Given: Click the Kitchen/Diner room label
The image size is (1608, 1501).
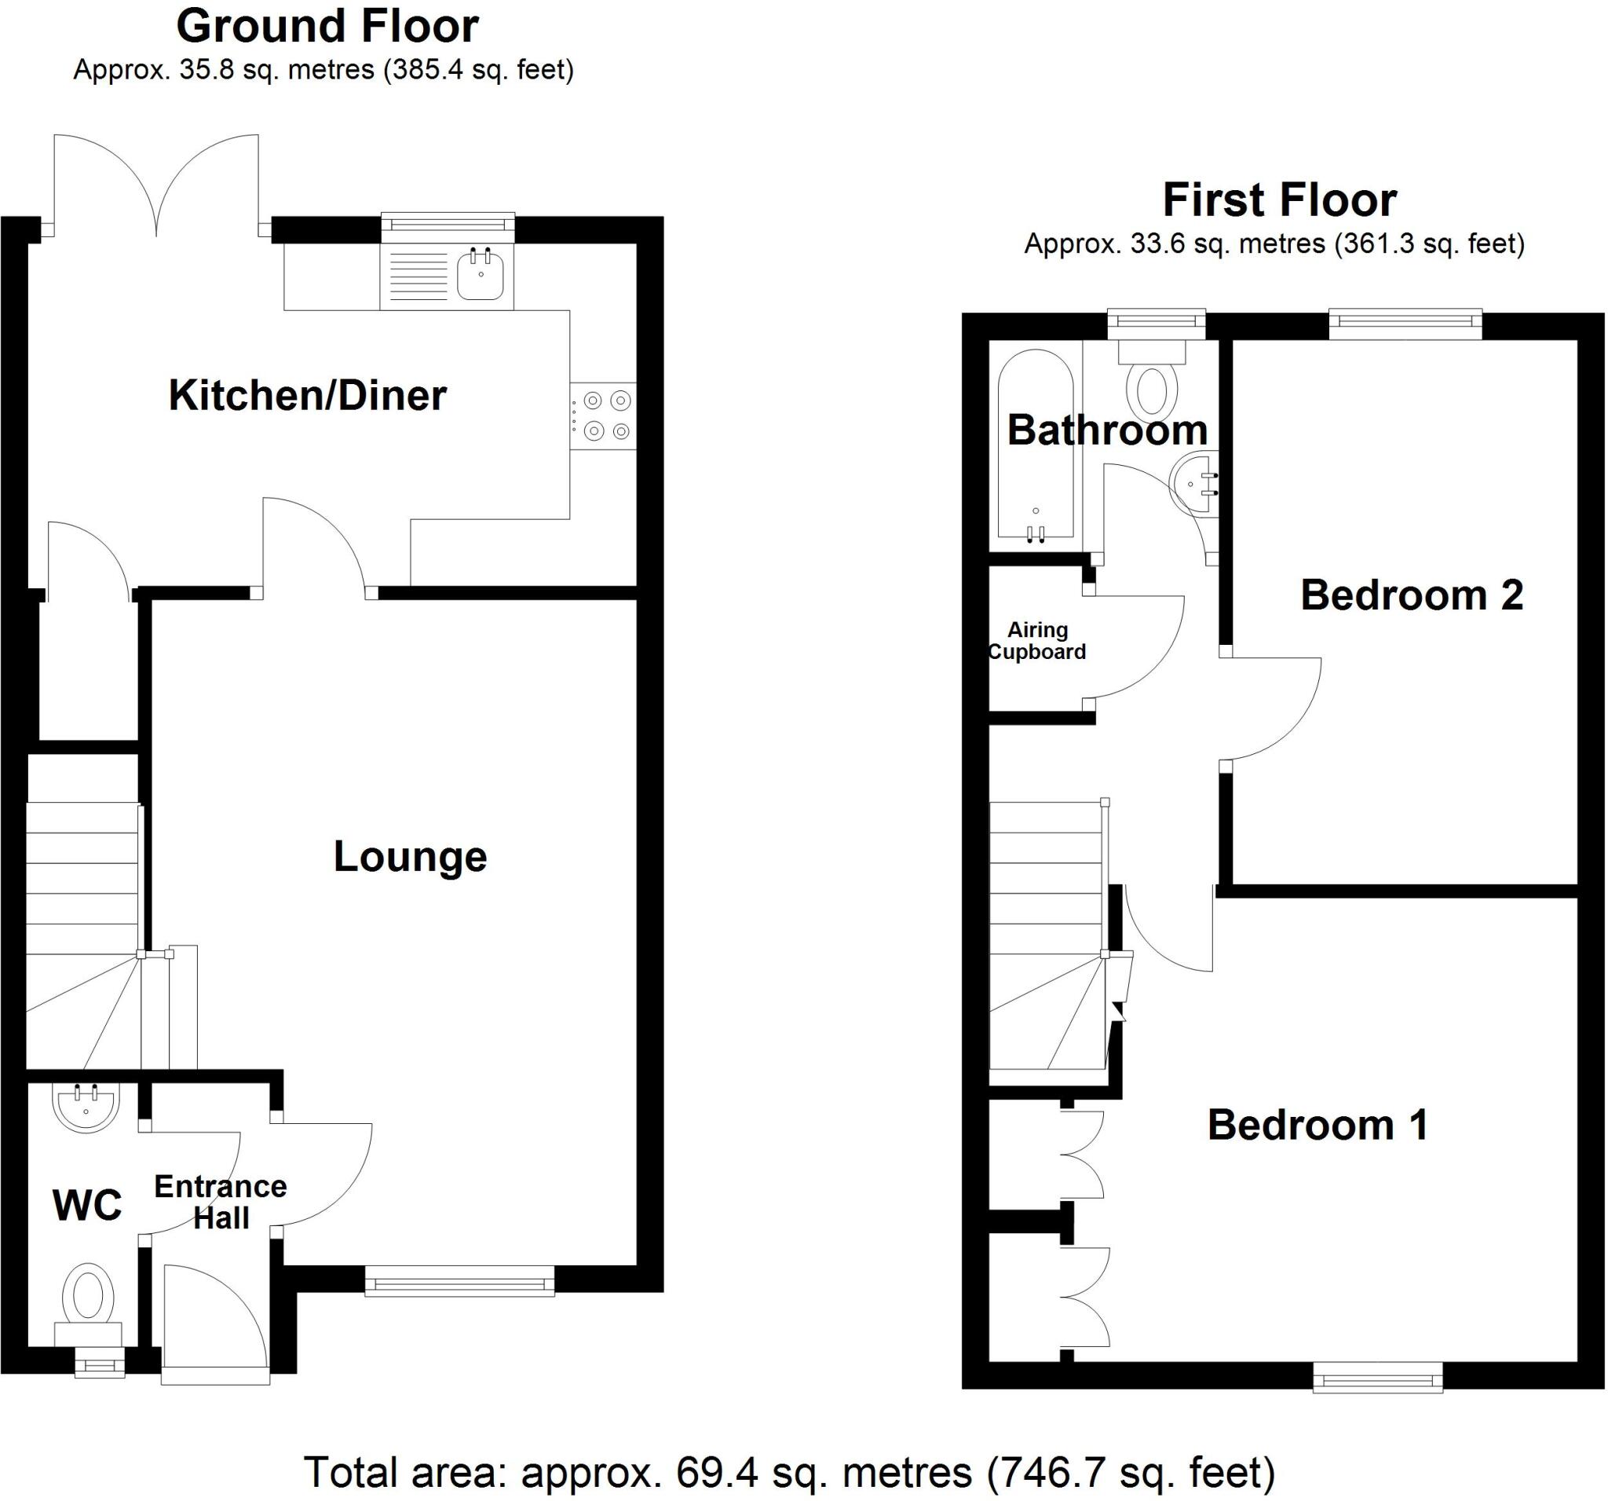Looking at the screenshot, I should coord(307,396).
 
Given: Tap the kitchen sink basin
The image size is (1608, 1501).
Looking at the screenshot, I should coord(481,275).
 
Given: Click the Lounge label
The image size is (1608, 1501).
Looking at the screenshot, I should coord(410,857).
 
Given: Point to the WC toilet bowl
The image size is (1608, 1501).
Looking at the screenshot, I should coord(87,1295).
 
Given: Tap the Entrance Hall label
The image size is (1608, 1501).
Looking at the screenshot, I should coord(221,1202).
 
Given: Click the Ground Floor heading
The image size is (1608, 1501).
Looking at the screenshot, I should coord(327,26).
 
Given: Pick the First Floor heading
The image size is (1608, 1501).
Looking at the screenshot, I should coord(1279,200).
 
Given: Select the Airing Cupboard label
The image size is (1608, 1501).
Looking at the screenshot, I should coord(1037,641).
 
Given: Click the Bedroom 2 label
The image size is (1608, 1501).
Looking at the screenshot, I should coord(1412,595).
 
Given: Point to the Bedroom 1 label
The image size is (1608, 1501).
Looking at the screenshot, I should coord(1317,1126).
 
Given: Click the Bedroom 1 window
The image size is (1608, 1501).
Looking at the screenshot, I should coord(1376,1376).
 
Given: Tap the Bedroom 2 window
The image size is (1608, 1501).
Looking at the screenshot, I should coord(1405,324).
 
